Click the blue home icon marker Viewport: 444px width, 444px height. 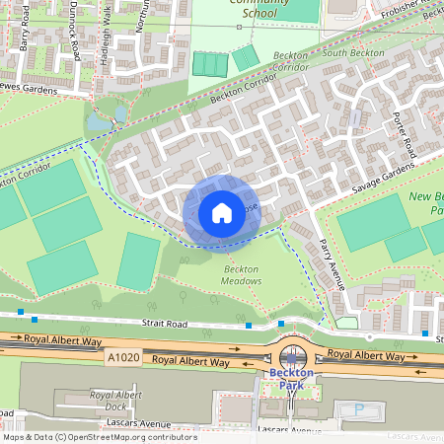[222, 213]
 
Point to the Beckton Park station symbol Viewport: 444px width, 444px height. [291, 357]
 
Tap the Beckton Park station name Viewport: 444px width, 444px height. [291, 380]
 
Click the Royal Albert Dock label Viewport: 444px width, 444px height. [115, 400]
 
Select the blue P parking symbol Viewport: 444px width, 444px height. [358, 408]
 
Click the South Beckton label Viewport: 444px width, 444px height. [347, 51]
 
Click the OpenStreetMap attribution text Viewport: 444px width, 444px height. [99, 437]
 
